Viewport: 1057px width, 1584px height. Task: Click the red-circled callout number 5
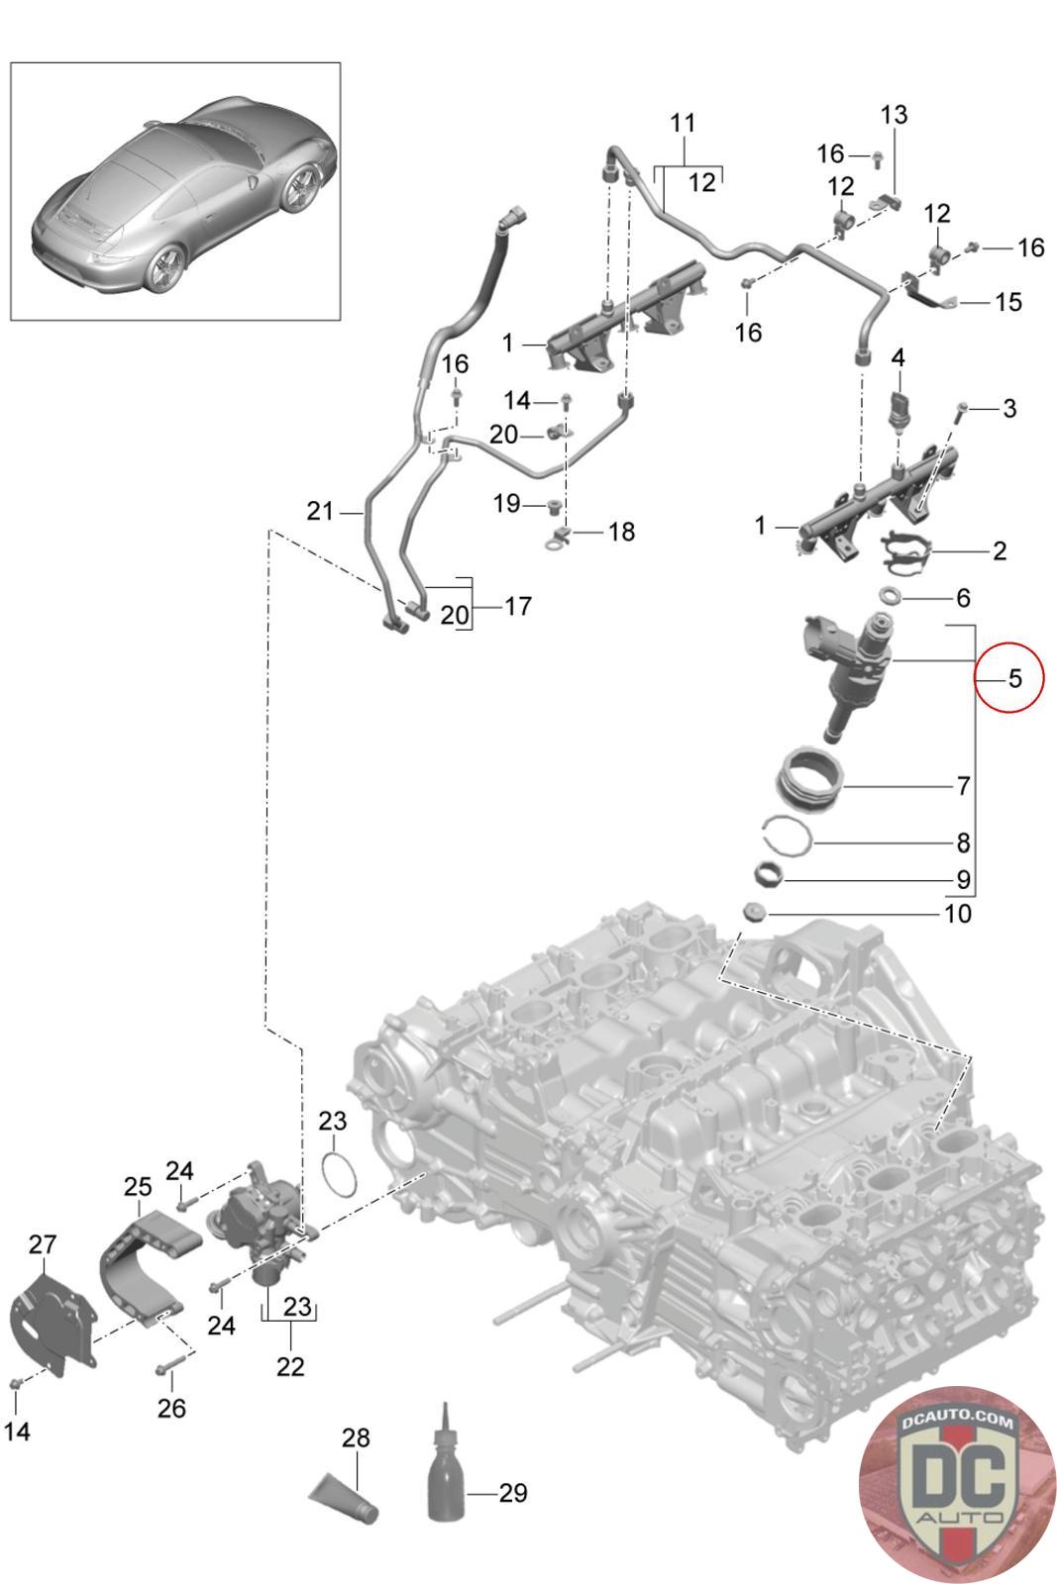pos(1015,678)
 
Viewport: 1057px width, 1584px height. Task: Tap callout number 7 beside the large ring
pos(963,785)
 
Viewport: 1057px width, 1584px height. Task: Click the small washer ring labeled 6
pos(891,595)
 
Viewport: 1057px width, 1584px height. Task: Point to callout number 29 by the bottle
pos(513,1492)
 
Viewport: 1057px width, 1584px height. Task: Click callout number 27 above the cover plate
pos(42,1243)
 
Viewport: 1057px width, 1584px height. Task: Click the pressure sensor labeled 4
pos(898,409)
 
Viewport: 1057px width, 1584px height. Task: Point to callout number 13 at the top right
pos(894,114)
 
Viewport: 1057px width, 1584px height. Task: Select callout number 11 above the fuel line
pos(682,123)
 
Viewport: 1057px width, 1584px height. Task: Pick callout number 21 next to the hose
pos(320,510)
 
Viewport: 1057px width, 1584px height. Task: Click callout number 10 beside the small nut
pos(958,914)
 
